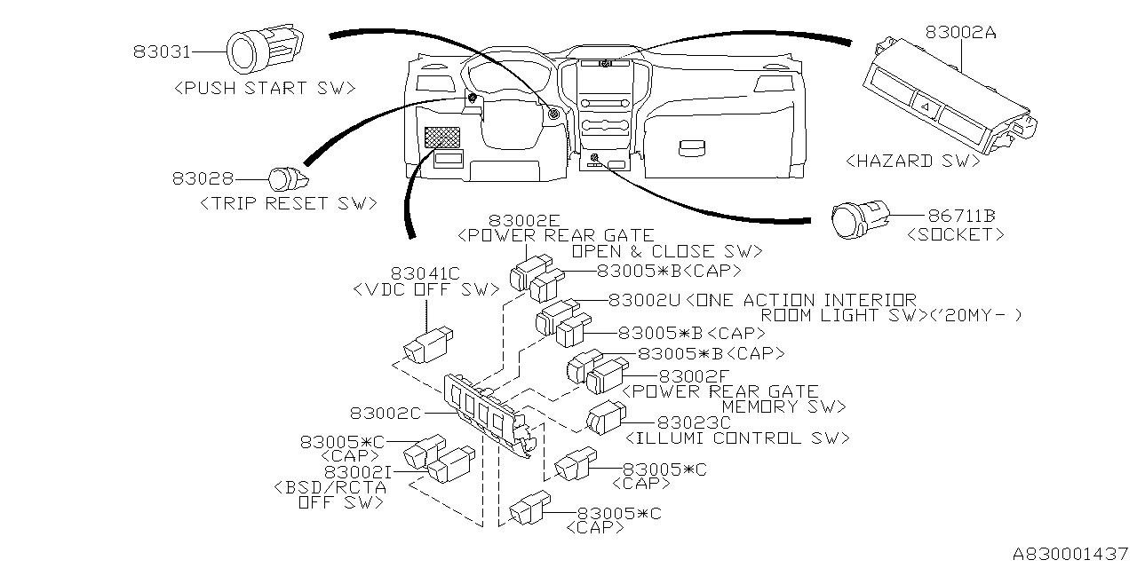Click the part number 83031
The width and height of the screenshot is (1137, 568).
[x=163, y=52]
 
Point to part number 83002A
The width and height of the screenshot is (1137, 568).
[x=960, y=32]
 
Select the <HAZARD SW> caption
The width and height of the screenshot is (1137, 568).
[x=912, y=161]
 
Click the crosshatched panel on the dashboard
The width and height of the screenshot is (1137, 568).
[x=442, y=138]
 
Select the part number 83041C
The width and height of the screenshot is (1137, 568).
[x=425, y=272]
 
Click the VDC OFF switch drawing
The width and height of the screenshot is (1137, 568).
[x=428, y=343]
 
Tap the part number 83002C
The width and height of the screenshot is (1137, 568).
[x=385, y=413]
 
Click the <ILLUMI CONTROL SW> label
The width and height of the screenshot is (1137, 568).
[x=737, y=438]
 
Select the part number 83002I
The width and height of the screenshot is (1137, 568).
[x=356, y=471]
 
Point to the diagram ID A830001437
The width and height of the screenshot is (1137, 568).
[x=1066, y=552]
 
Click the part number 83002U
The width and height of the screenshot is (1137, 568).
[x=644, y=301]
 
